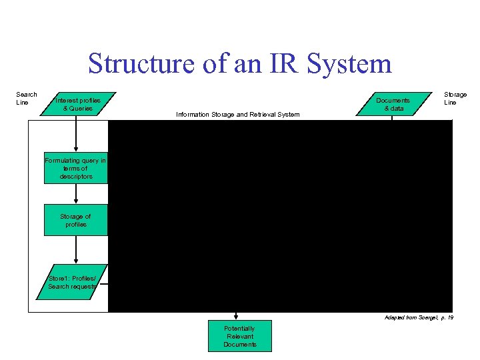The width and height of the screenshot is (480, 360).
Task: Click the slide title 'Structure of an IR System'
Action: pos(239,64)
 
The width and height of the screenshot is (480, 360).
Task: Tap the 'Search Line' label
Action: pos(27,99)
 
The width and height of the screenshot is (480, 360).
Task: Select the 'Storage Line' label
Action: pos(455,99)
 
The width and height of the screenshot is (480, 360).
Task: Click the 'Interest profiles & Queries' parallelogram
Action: pos(78,104)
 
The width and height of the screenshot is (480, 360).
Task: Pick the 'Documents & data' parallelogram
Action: pos(393,104)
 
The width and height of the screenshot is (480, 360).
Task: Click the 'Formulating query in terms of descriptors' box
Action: pos(75,169)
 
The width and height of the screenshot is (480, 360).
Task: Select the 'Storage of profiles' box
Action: pos(75,220)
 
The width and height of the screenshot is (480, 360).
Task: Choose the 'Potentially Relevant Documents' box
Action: pos(239,336)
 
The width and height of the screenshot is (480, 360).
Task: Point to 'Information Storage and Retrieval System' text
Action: pos(237,115)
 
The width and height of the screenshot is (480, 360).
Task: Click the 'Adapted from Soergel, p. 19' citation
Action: pos(419,318)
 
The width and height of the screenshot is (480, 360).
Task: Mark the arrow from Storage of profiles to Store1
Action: pos(76,251)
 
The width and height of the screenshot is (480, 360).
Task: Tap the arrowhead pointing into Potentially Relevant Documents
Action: pos(236,317)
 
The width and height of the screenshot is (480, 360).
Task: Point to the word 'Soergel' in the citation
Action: pos(425,318)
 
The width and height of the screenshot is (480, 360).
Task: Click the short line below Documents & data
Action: pos(392,118)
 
